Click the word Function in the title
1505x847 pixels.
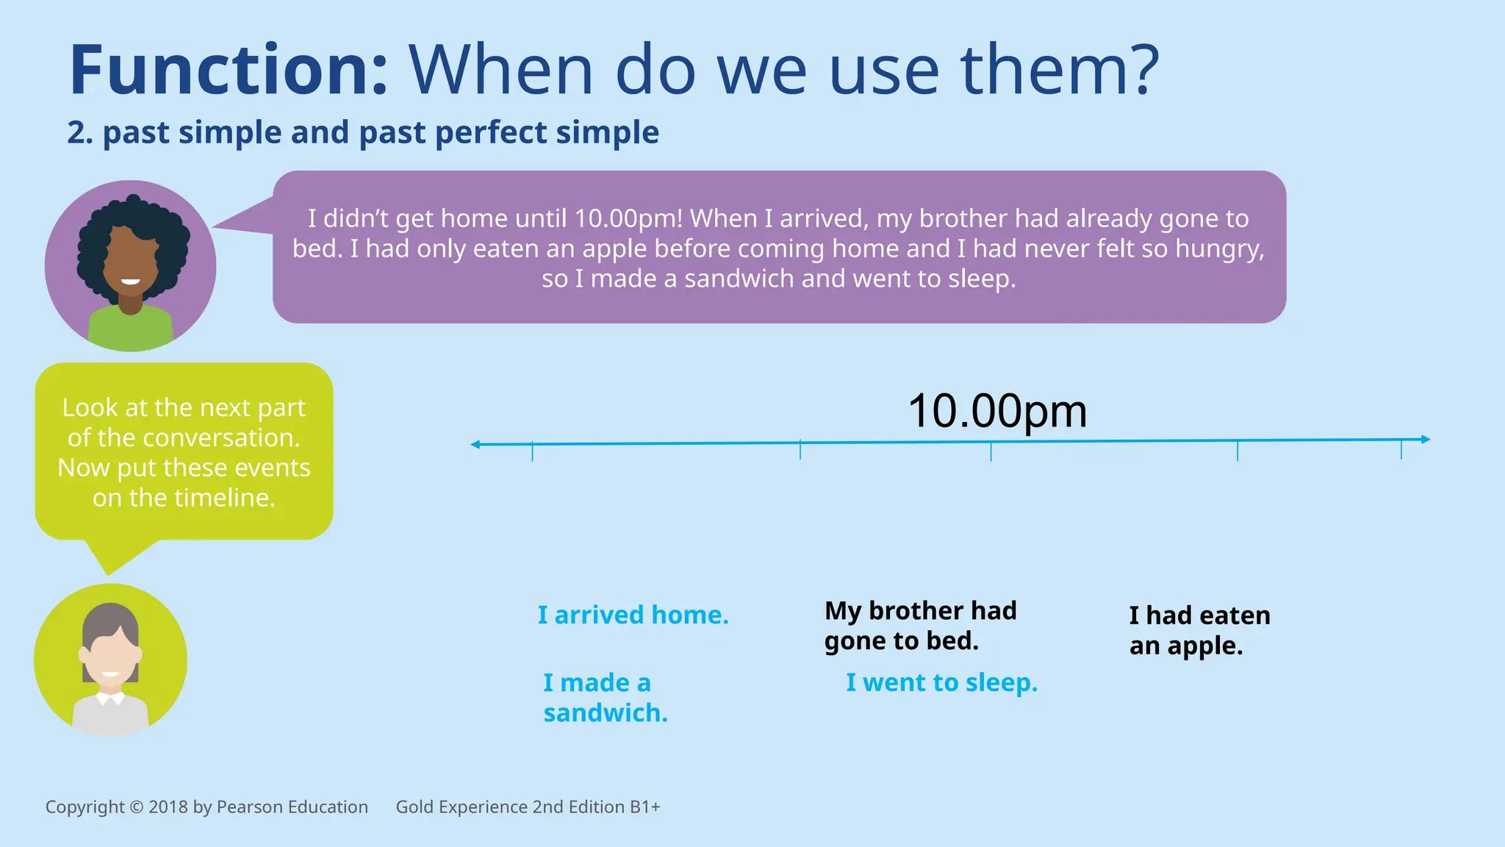pos(228,71)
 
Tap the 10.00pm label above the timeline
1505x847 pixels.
pos(997,411)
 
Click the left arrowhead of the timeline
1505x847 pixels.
pos(475,444)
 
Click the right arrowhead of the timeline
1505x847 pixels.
pos(1425,439)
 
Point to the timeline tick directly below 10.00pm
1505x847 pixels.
pos(991,451)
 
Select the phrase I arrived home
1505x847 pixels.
pos(633,615)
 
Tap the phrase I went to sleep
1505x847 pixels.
pos(941,682)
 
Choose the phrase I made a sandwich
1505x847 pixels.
pos(605,698)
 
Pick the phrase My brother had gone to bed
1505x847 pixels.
pos(920,626)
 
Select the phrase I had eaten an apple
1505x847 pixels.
pos(1199,630)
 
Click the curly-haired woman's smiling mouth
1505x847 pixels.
pos(131,282)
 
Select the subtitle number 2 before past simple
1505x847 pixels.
pos(76,133)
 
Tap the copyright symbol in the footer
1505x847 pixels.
pos(136,807)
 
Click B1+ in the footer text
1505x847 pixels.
pos(644,807)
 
